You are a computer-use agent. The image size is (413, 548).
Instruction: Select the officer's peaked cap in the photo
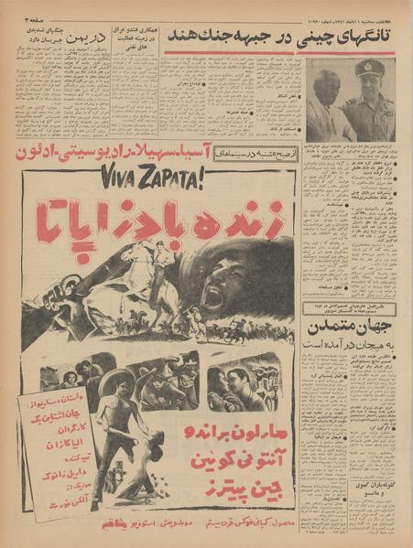369,69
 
